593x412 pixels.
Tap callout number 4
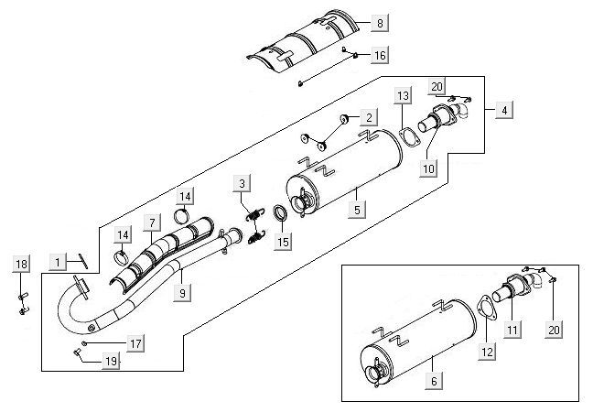503,110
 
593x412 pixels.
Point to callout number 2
368,117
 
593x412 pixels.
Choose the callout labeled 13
404,96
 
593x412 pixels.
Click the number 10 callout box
428,168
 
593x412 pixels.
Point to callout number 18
22,265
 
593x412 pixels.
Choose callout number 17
135,343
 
